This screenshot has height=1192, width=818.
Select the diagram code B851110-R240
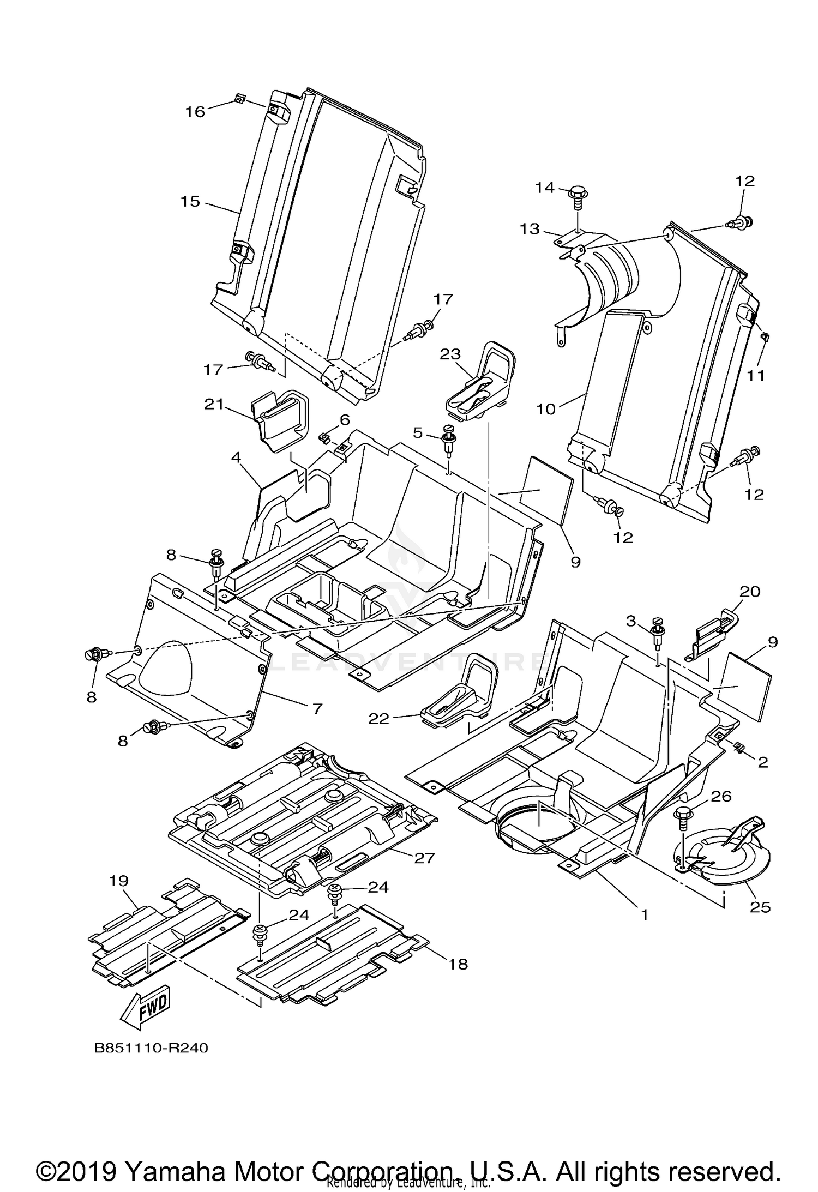click(x=151, y=1049)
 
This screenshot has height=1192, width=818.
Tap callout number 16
click(x=195, y=112)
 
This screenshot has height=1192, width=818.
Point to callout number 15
click(x=190, y=202)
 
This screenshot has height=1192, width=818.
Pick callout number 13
click(x=530, y=229)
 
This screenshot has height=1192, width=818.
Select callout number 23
click(x=450, y=354)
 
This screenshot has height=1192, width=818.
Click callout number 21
click(x=214, y=404)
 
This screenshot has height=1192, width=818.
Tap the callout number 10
click(x=546, y=408)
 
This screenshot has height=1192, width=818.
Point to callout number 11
click(x=756, y=375)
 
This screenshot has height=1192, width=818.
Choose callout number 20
click(x=750, y=592)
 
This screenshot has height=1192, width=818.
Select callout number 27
click(x=424, y=858)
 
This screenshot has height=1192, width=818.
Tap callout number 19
click(x=118, y=881)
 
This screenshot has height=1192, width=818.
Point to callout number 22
click(x=379, y=719)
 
